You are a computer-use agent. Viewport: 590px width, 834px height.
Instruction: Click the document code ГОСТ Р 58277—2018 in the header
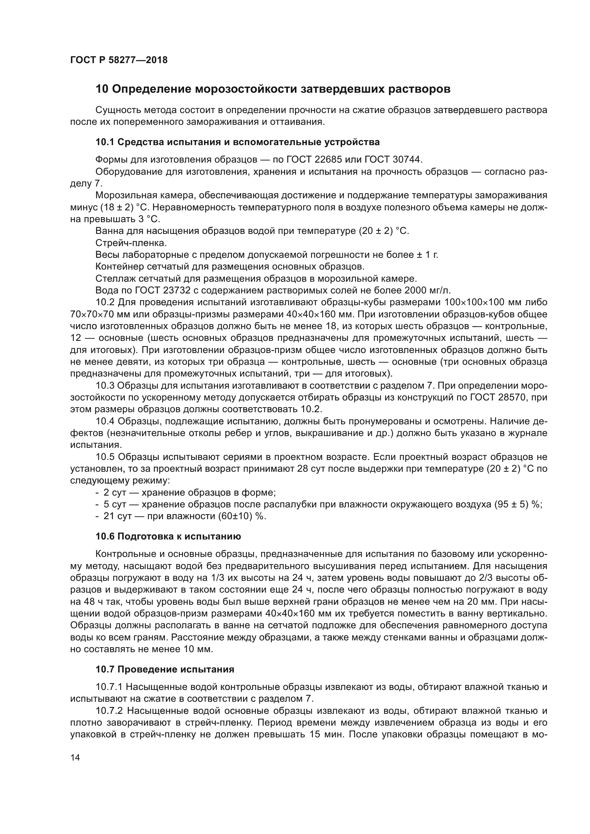point(119,60)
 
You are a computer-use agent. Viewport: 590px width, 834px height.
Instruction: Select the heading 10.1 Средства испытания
point(237,142)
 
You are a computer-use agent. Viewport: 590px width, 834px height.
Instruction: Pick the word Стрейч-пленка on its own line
point(131,243)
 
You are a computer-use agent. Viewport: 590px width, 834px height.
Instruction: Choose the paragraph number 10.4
point(105,421)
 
